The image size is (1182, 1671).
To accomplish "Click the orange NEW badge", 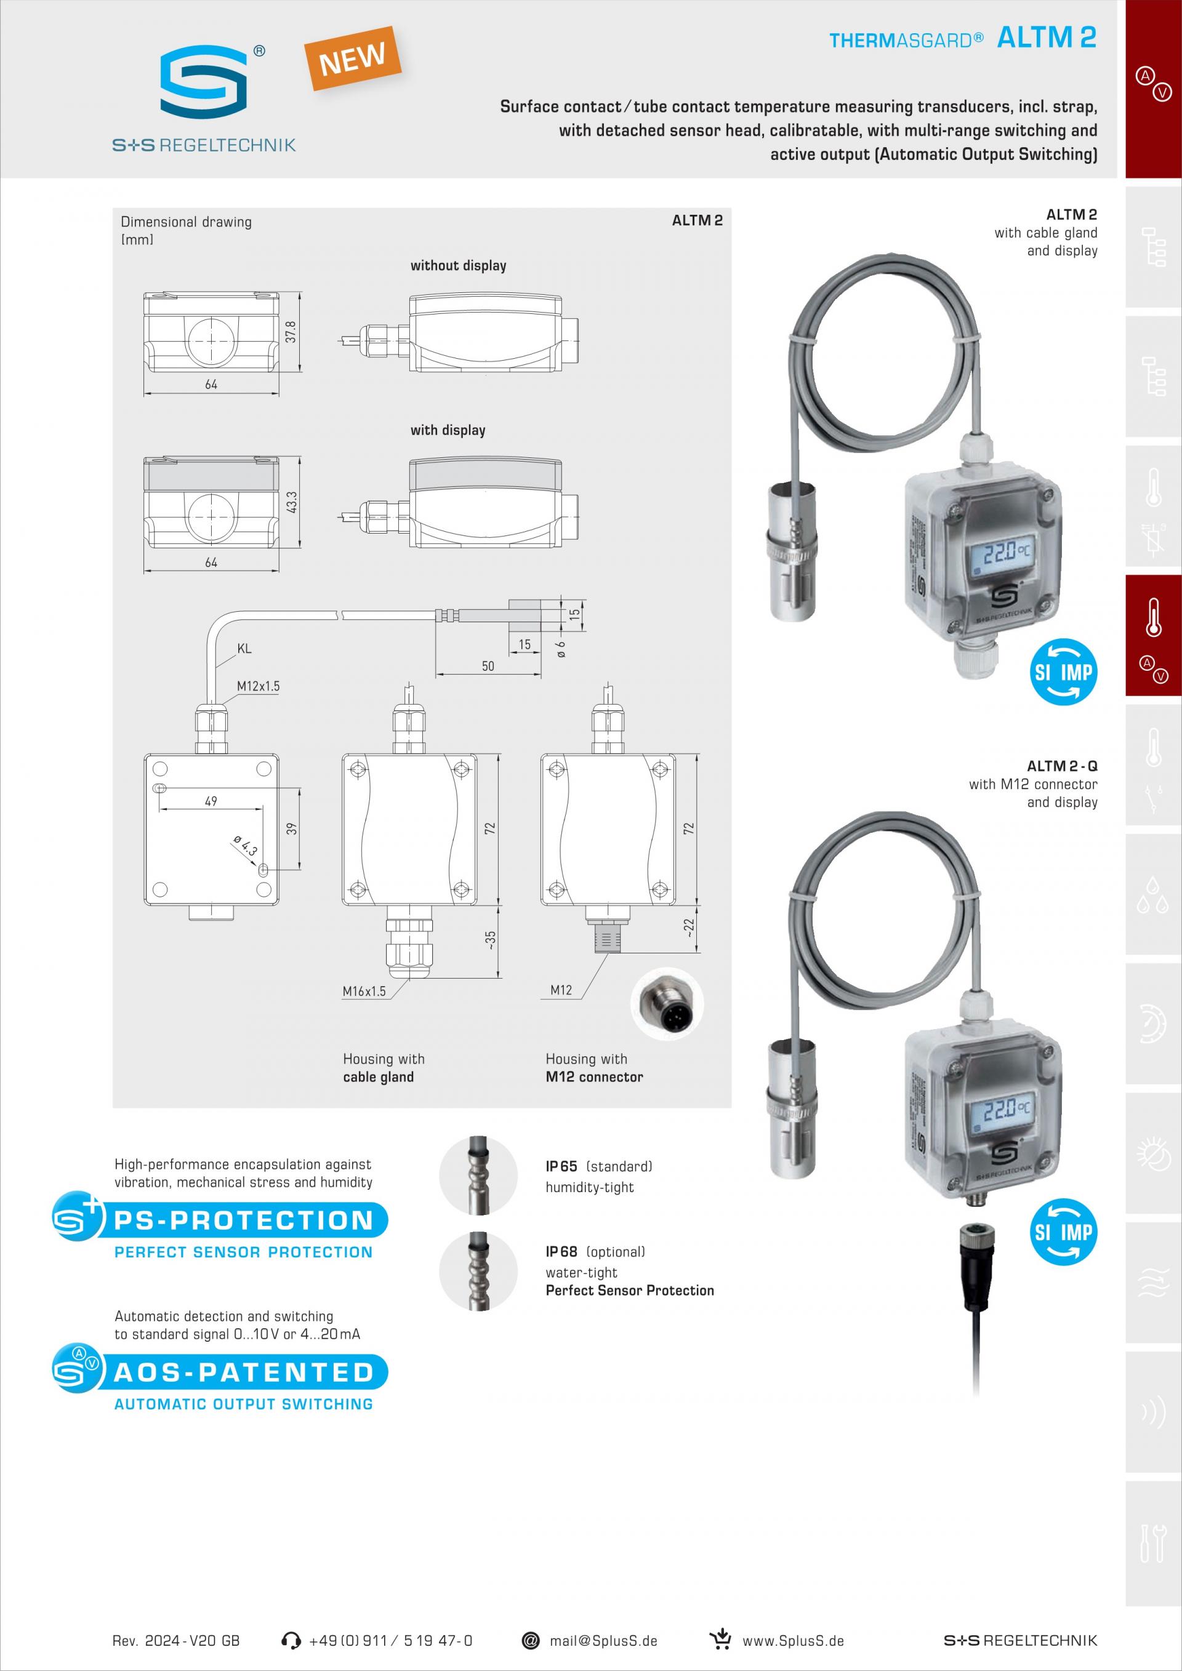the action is pos(352,59).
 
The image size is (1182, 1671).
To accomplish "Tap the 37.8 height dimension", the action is pos(291,332).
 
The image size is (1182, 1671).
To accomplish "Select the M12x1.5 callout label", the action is pos(258,686).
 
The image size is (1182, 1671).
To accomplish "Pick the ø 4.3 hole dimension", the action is pos(246,846).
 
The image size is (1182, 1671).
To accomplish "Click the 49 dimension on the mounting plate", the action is pos(211,801).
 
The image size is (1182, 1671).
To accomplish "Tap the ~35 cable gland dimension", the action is pos(491,940).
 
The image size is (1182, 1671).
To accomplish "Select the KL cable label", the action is pos(244,649).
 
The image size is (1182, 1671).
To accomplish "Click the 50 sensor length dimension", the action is pos(488,666).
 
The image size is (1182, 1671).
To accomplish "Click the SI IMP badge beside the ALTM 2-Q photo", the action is pos(1063,1232).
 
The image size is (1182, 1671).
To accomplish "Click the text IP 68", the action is pos(561,1251).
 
